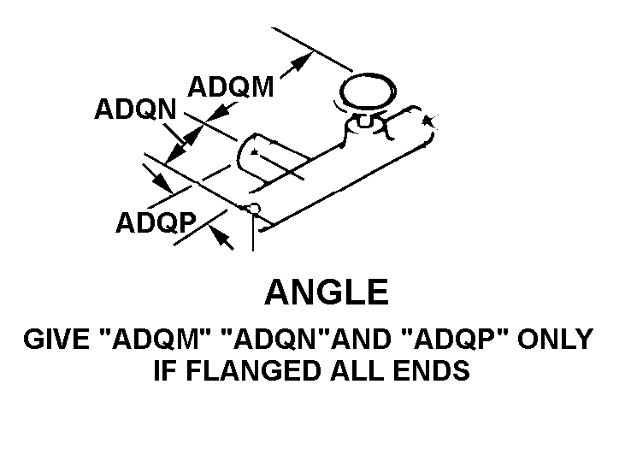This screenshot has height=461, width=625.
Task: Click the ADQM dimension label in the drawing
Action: pos(230,87)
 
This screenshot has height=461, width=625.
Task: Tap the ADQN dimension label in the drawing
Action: pos(135,109)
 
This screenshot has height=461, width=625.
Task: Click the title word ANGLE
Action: pos(326,293)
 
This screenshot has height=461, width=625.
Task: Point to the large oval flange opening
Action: pos(368,92)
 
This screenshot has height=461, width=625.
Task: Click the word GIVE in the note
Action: pos(58,340)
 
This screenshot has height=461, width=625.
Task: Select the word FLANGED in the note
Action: pos(249,372)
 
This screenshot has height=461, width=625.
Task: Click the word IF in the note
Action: pos(162,372)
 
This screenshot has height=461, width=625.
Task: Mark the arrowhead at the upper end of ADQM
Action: pos(301,62)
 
